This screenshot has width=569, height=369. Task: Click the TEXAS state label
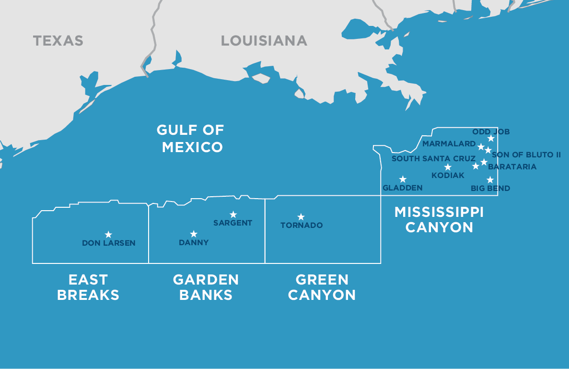58,41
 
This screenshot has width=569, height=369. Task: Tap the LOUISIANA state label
264,41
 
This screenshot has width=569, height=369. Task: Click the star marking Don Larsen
108,235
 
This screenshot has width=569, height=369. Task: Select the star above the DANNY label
194,234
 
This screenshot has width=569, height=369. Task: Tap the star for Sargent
233,214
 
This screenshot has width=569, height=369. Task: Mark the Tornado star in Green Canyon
301,217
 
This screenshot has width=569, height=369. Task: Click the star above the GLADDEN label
403,179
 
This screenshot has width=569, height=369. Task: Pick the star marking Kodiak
448,167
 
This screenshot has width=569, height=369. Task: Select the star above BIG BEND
490,180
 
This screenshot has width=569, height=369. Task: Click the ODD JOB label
491,131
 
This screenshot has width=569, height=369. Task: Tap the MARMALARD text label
449,143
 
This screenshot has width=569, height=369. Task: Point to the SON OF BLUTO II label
526,155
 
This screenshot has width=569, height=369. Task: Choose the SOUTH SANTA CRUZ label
433,158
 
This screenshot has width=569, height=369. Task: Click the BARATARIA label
512,167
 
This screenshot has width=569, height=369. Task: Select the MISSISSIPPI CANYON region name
439,219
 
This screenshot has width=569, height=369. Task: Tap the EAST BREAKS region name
88,287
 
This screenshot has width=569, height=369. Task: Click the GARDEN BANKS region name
206,287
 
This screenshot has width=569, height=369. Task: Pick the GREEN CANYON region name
322,287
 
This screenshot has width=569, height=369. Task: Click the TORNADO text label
302,226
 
